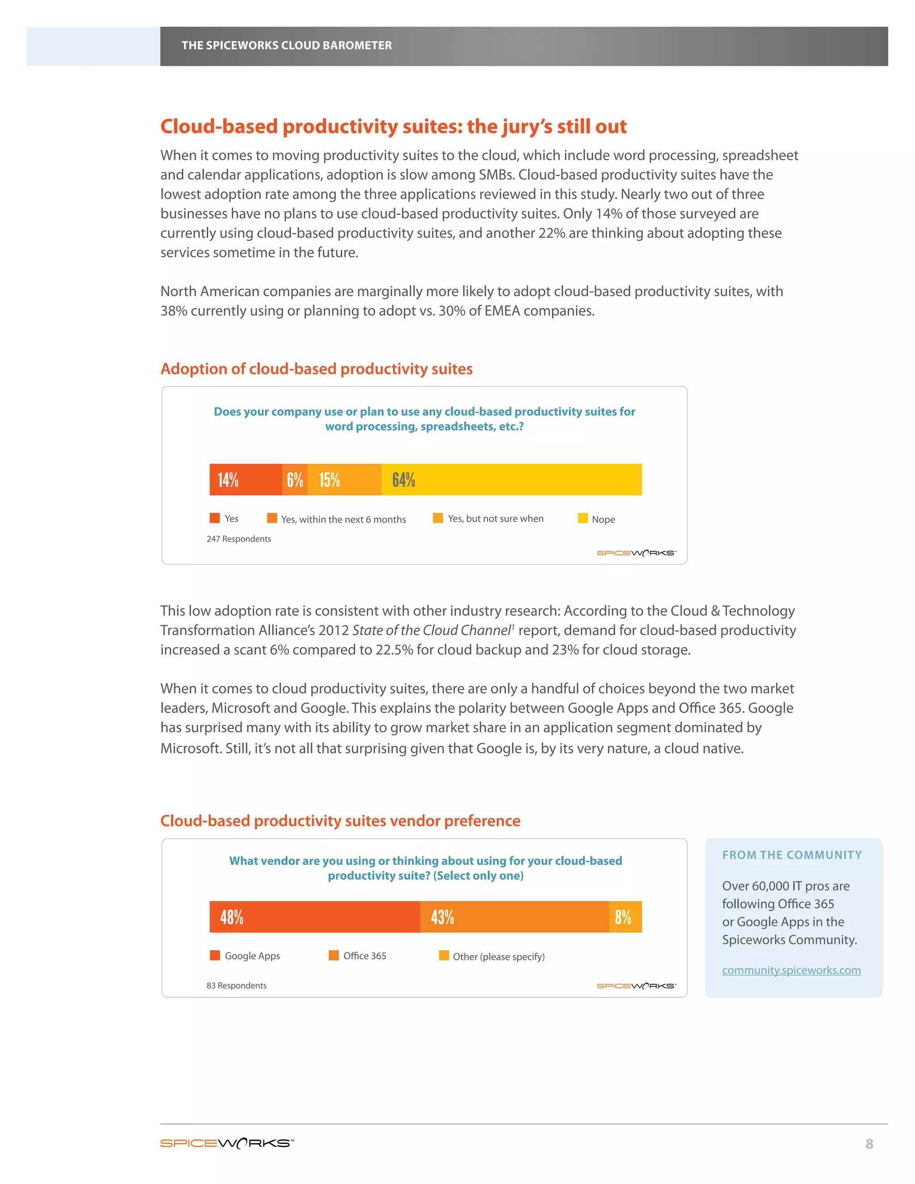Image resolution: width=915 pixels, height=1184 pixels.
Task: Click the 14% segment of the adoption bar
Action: (246, 479)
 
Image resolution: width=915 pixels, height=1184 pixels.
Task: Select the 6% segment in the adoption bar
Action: (295, 479)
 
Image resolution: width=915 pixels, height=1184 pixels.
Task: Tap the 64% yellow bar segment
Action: (511, 479)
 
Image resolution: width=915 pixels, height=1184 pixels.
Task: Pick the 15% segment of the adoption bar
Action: (344, 479)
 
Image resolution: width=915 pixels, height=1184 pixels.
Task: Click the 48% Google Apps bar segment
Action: (315, 917)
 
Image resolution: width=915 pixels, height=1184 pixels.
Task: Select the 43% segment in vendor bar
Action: (514, 917)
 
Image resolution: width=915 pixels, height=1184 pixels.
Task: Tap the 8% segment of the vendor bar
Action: (625, 917)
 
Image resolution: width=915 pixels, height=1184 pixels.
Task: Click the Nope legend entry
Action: (597, 519)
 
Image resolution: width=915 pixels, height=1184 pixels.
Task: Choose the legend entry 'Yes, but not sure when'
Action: (488, 518)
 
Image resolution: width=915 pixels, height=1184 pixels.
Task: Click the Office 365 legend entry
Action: (358, 955)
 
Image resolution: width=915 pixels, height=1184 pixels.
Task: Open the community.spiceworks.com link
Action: (791, 970)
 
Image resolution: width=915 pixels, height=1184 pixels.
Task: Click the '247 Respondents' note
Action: (239, 538)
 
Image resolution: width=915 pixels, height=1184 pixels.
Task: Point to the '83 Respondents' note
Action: (236, 985)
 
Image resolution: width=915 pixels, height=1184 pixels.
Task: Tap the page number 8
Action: (869, 1144)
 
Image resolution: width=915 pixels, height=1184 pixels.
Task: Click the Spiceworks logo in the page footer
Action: (227, 1143)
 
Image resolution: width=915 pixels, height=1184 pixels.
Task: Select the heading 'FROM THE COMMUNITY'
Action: (791, 855)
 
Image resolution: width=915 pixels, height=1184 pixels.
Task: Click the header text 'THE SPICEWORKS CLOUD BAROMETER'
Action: (286, 46)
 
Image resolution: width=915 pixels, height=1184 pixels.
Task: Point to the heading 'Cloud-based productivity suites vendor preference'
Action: (340, 821)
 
